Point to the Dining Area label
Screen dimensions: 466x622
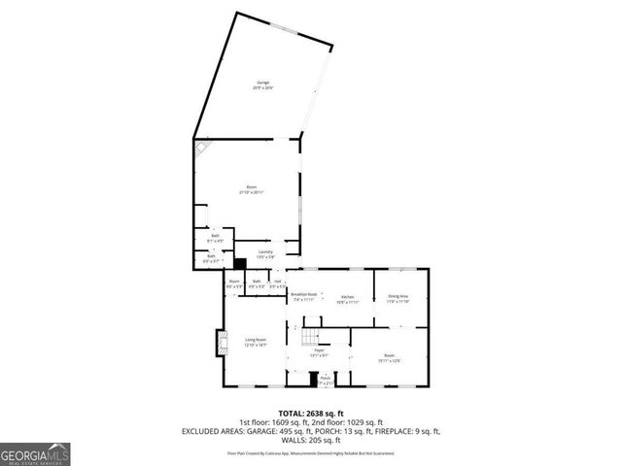[398, 298]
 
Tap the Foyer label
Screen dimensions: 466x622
[318, 351]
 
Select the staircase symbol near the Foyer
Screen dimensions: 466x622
[309, 337]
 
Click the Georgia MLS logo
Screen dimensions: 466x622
[33, 453]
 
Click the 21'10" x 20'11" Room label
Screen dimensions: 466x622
[251, 190]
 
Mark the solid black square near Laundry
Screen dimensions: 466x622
[240, 262]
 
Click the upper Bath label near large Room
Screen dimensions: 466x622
[216, 238]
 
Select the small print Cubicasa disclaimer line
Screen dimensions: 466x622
[310, 452]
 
